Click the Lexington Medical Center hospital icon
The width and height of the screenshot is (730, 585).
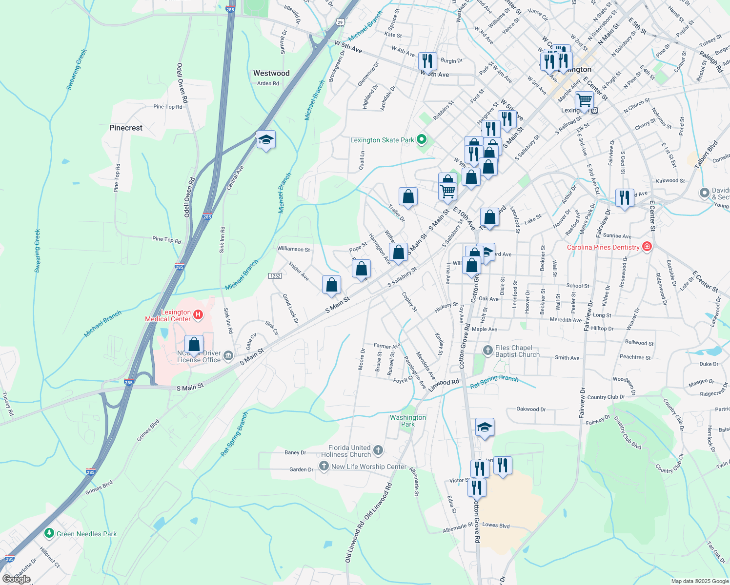click(x=198, y=315)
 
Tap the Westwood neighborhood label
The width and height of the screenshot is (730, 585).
click(x=271, y=73)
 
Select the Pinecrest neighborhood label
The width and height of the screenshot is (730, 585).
click(x=126, y=128)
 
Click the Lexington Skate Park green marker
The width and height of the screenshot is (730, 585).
click(x=422, y=140)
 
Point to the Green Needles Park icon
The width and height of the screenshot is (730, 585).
click(x=49, y=533)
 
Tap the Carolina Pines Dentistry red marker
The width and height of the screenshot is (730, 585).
click(x=647, y=247)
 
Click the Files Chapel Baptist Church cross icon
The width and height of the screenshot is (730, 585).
click(x=487, y=350)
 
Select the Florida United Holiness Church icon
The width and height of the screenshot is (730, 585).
click(x=378, y=450)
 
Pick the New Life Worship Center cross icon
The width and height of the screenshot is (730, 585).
click(x=324, y=466)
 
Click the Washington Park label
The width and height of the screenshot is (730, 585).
click(x=408, y=421)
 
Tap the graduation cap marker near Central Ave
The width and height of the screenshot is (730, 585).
click(x=266, y=140)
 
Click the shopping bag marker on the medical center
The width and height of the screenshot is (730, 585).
click(x=194, y=344)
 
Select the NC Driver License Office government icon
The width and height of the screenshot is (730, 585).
click(x=228, y=356)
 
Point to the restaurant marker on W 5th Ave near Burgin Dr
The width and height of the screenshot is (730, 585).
click(x=427, y=61)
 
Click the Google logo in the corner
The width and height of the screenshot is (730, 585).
click(x=17, y=579)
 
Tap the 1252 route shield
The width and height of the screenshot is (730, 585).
click(x=275, y=276)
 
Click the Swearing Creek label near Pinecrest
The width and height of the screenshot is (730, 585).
click(x=77, y=69)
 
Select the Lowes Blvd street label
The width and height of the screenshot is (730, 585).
click(x=496, y=525)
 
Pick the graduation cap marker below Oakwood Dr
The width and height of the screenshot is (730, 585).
click(x=484, y=428)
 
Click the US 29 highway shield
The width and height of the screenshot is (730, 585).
click(x=340, y=21)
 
